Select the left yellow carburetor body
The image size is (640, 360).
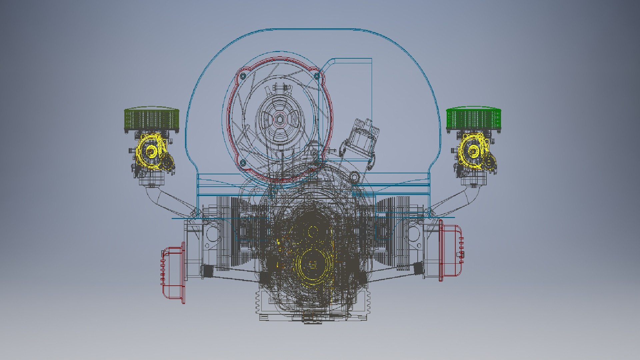click(x=152, y=152)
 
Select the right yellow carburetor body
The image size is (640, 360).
click(x=473, y=152)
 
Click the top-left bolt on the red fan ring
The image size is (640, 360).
click(x=242, y=75)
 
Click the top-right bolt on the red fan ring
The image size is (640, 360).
click(x=317, y=76)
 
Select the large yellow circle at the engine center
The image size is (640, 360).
click(x=312, y=265)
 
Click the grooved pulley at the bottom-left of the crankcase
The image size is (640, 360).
click(x=263, y=302)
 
